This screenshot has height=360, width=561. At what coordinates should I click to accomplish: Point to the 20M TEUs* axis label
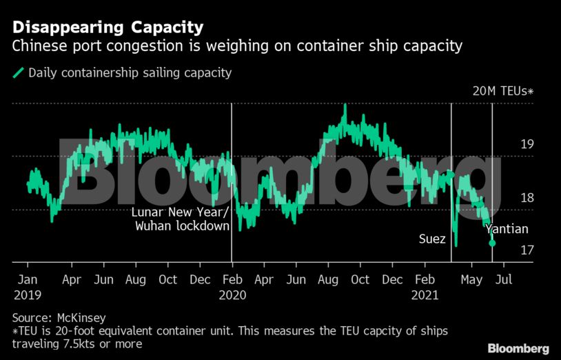tap(502, 91)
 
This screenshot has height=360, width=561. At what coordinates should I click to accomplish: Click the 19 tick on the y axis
tap(527, 145)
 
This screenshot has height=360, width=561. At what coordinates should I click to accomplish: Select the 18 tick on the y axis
tap(527, 198)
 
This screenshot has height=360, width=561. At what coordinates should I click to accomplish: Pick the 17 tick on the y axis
tap(527, 250)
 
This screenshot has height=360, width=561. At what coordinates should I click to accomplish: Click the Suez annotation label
tap(432, 239)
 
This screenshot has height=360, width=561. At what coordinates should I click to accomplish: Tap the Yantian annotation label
tap(507, 230)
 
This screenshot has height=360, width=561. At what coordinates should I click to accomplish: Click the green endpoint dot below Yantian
tap(492, 243)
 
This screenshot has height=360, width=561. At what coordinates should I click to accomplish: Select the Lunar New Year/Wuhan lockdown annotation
tap(180, 219)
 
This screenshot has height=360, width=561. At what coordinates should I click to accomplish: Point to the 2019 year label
tap(28, 294)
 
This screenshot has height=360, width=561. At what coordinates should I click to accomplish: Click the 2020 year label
tap(232, 294)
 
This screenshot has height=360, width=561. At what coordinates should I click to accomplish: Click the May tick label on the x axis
tap(471, 280)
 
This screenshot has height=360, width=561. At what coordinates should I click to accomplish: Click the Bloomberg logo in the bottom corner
tap(518, 348)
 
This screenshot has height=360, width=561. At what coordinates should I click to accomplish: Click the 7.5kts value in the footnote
tap(74, 343)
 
